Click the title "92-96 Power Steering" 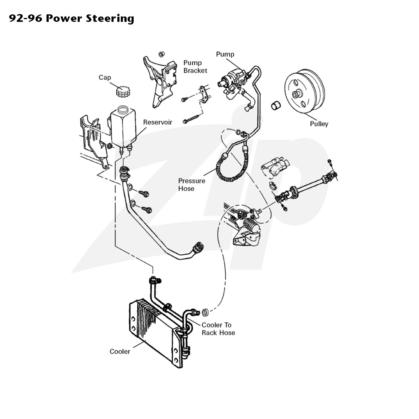72,19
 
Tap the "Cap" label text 105,78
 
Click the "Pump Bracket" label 195,66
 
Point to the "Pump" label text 225,54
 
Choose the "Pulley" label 319,124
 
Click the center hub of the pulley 296,94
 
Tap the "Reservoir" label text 157,122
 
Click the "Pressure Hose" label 192,185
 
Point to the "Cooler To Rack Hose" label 218,329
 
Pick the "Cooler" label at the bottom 120,351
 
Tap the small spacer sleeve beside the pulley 276,105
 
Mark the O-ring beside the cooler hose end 205,312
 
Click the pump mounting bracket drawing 160,81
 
